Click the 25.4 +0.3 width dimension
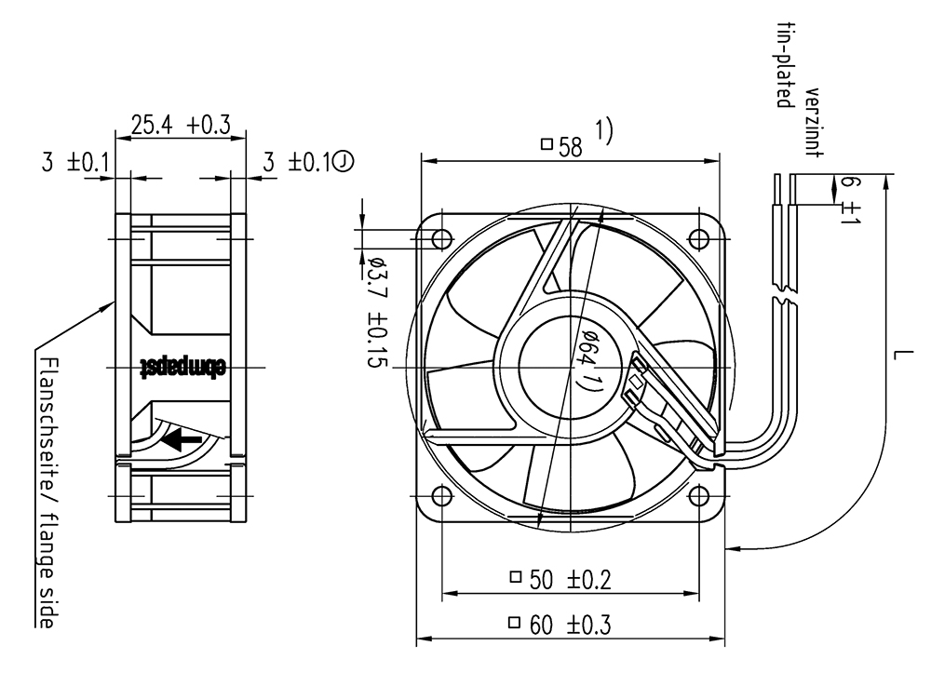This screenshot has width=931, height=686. (x=181, y=126)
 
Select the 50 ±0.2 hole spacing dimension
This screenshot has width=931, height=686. (x=560, y=579)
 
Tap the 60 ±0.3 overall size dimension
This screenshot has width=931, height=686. (x=560, y=625)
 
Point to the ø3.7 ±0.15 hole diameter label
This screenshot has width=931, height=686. (x=376, y=312)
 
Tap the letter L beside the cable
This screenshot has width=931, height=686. (x=901, y=355)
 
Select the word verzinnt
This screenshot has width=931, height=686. (x=814, y=123)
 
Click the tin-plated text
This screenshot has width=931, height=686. (x=785, y=65)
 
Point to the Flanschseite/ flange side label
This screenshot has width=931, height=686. (x=47, y=492)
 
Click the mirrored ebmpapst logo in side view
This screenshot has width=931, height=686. (x=182, y=368)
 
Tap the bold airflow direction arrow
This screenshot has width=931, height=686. (x=182, y=439)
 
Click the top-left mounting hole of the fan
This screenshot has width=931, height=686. (x=441, y=239)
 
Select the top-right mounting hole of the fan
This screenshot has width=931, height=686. (x=698, y=239)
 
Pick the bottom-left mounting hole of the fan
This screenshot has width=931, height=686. (x=441, y=495)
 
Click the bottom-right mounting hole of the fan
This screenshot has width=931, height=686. (x=699, y=495)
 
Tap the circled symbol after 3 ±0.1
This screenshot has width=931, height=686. (x=344, y=161)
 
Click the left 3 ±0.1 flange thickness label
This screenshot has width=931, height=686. (x=74, y=161)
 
